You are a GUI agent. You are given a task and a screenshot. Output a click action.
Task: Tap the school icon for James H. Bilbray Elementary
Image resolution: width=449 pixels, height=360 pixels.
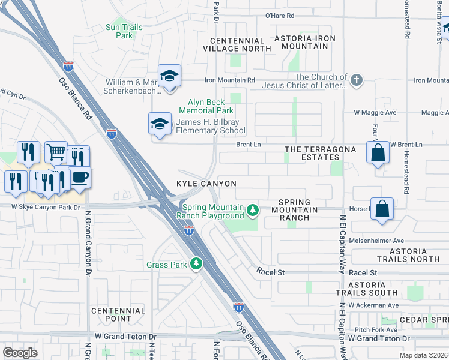point(160,124)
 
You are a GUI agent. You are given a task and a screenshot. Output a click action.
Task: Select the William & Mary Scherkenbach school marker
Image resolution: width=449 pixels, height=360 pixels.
point(170,76)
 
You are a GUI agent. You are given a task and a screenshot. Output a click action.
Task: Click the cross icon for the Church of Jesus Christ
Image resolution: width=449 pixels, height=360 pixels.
point(357,80)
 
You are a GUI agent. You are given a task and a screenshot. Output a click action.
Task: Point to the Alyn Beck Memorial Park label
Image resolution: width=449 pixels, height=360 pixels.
point(206,106)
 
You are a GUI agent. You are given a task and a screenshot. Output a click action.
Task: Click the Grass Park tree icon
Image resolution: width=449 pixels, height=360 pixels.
point(195,263)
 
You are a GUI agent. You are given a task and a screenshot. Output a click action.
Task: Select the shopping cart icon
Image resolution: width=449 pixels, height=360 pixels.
point(56,152)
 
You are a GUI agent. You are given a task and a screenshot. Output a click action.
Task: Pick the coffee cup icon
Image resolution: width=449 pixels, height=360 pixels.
point(79,177)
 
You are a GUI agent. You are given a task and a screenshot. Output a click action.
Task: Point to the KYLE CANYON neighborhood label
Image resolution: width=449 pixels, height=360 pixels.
point(206,183)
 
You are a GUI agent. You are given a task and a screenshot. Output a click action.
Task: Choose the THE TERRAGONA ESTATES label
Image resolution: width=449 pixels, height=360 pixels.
point(320,152)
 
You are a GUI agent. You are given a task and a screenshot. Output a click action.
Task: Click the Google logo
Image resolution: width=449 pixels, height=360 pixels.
point(20,353)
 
